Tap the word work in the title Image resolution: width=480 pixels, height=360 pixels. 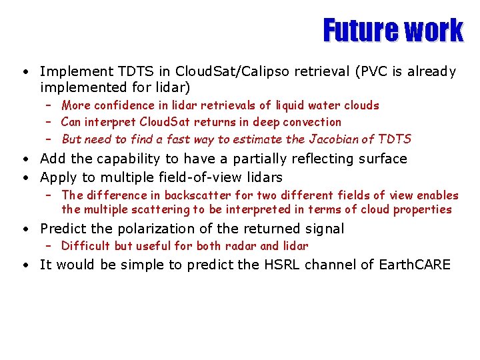(x=434, y=30)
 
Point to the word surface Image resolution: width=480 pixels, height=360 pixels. (x=382, y=159)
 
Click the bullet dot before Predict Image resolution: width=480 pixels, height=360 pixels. (x=24, y=229)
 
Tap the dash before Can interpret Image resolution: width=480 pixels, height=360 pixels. (x=49, y=122)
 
